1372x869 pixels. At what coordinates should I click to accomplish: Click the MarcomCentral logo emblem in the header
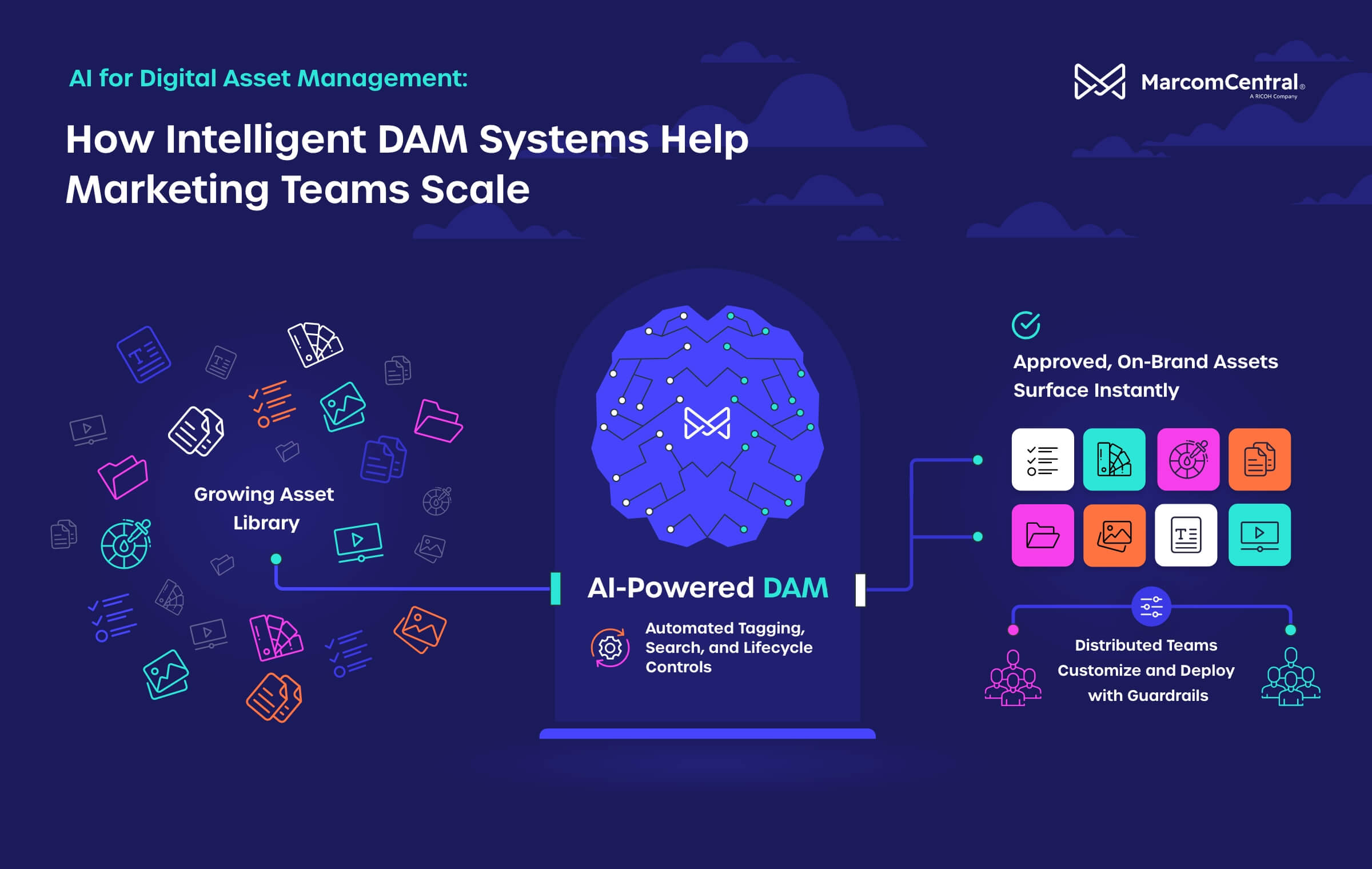point(1100,82)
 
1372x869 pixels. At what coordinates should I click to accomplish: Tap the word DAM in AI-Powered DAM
point(795,588)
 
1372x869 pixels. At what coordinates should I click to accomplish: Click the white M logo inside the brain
point(707,423)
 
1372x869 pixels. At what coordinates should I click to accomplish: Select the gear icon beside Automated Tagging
point(610,648)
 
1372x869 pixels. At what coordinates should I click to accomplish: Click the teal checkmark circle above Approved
point(1026,325)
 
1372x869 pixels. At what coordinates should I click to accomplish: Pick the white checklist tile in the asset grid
point(1043,460)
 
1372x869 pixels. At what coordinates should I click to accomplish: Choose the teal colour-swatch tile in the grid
point(1114,460)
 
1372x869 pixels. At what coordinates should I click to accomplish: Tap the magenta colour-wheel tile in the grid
point(1188,460)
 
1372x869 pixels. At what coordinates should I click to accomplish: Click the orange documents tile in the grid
point(1259,460)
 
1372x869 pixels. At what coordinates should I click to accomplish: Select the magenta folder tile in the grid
point(1043,535)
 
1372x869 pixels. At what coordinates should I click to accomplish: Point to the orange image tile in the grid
point(1114,535)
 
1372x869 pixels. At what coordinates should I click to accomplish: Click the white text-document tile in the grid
point(1186,535)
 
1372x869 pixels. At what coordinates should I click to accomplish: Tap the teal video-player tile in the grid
point(1259,535)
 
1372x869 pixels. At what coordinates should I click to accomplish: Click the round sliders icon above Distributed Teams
point(1151,607)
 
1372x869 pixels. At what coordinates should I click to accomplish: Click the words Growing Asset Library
point(264,508)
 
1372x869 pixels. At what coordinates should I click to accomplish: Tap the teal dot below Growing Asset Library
point(276,559)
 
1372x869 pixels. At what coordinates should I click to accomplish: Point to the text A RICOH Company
point(1273,97)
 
